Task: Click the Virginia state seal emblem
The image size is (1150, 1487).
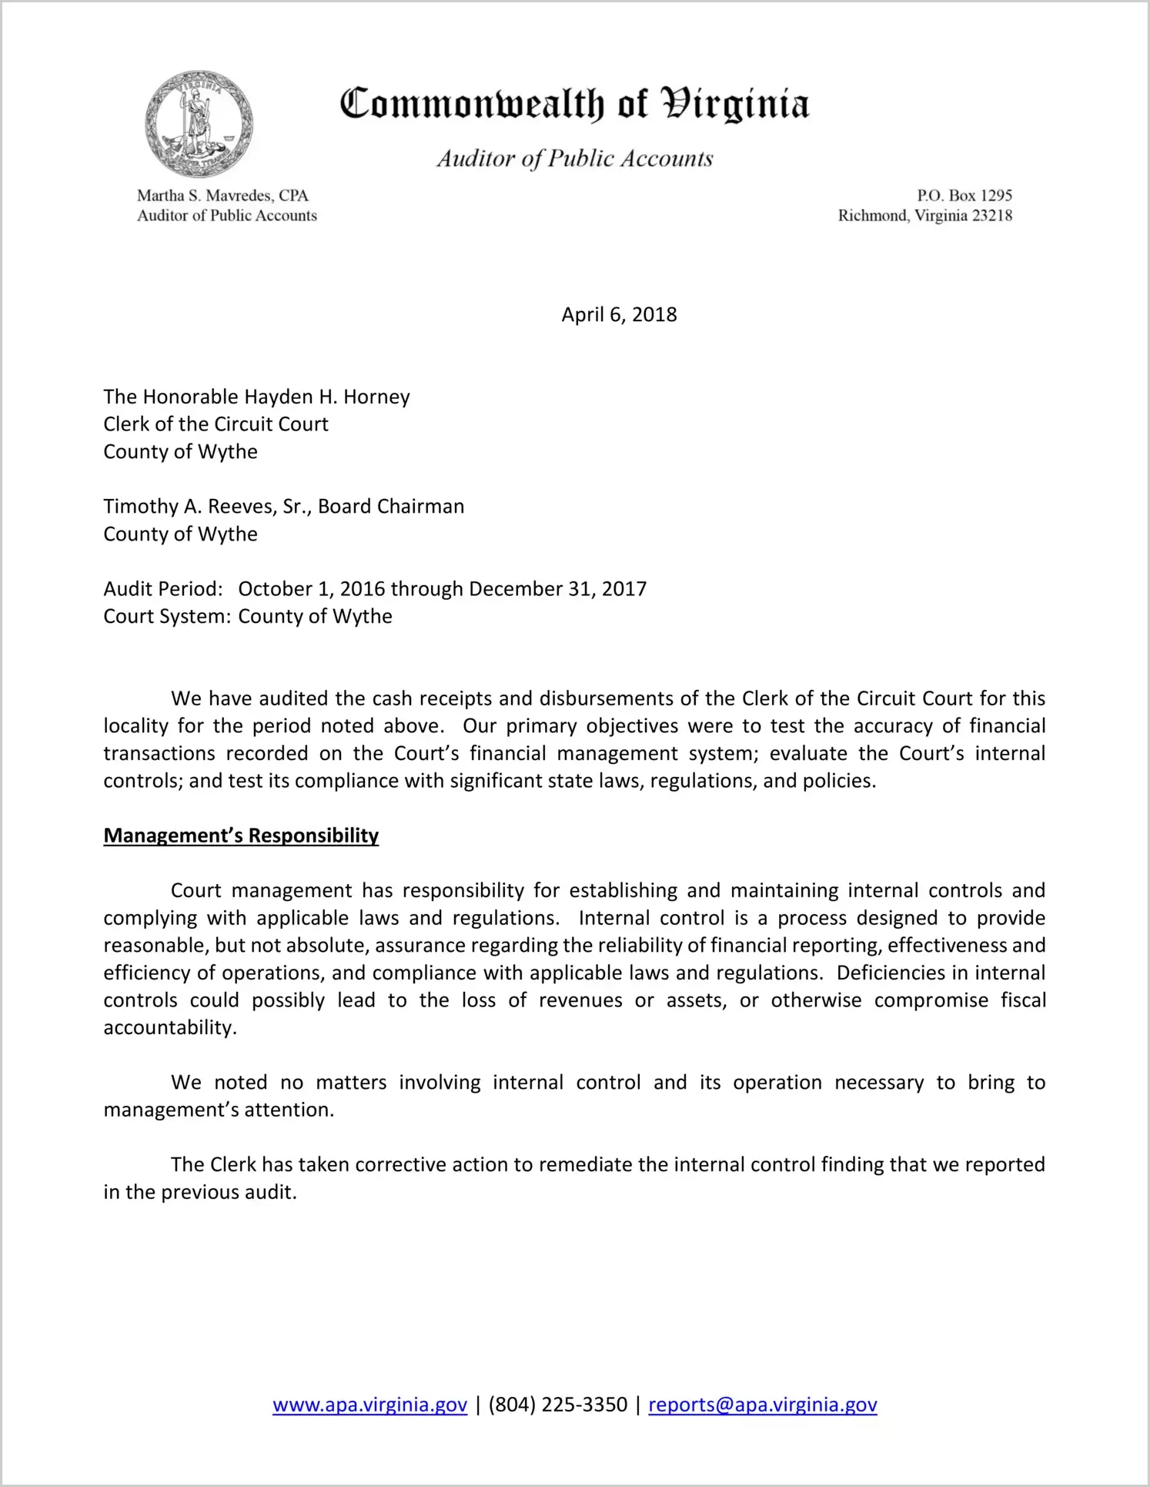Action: [199, 124]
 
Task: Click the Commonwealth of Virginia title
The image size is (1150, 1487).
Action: [574, 104]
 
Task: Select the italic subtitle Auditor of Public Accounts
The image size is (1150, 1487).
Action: [575, 159]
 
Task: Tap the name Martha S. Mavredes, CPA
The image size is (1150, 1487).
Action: [222, 196]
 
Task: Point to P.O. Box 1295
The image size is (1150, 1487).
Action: [964, 196]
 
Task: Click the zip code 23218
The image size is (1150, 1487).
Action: [991, 216]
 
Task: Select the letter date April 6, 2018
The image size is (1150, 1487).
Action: [619, 315]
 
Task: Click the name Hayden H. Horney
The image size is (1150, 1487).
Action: [327, 397]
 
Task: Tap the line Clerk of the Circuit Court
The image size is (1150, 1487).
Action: [216, 424]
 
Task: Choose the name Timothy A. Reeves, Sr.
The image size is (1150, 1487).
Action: [206, 507]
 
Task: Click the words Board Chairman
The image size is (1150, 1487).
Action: [391, 507]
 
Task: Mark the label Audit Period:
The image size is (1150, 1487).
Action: [163, 589]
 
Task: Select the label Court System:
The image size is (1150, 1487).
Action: [167, 617]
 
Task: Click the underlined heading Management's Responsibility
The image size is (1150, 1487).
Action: [241, 836]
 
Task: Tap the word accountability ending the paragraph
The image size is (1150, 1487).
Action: [169, 1028]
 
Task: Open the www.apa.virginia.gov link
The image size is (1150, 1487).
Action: [369, 1405]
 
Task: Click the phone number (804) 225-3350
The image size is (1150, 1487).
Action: [557, 1405]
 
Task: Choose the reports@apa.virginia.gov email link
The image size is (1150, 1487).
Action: [762, 1405]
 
